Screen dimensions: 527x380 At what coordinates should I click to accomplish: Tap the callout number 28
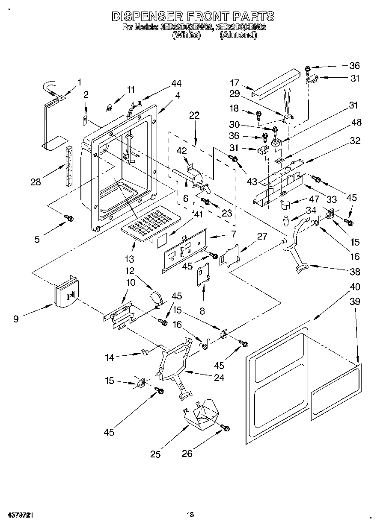36,182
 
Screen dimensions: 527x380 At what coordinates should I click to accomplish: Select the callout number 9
16,319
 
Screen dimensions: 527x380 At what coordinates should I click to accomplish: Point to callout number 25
156,454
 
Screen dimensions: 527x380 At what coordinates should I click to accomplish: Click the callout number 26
187,454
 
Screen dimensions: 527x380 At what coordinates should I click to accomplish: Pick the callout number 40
355,287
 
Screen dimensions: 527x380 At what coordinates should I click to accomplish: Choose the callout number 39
355,302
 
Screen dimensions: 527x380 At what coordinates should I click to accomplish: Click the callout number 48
356,123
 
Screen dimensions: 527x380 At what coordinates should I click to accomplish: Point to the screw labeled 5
68,218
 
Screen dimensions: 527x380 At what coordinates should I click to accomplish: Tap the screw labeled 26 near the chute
225,427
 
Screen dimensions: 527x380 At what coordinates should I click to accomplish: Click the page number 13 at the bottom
190,515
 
